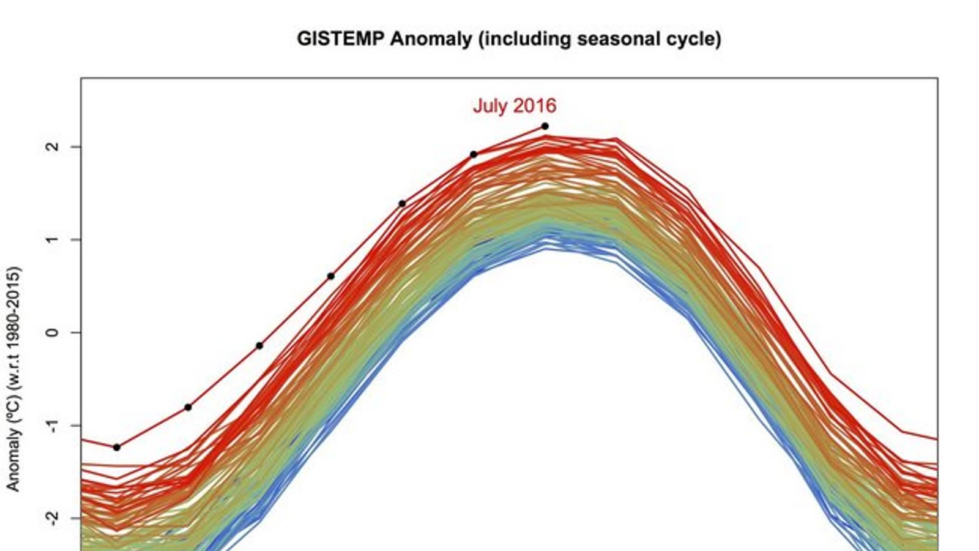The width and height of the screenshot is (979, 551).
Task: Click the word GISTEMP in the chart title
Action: pyautogui.click(x=341, y=39)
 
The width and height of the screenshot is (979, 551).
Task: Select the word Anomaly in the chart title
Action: pyautogui.click(x=431, y=39)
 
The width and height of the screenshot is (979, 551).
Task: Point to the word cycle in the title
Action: pyautogui.click(x=691, y=39)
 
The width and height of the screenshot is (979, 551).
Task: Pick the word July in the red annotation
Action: pyautogui.click(x=490, y=106)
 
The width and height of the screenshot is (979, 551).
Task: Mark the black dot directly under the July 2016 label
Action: pyautogui.click(x=545, y=126)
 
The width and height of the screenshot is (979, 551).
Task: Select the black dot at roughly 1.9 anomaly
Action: pyautogui.click(x=474, y=154)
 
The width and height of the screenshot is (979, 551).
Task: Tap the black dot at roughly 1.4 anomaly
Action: pyautogui.click(x=402, y=204)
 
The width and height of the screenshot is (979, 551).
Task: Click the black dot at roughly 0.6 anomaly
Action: pyautogui.click(x=331, y=276)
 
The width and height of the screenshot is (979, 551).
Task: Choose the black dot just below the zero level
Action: pyautogui.click(x=259, y=346)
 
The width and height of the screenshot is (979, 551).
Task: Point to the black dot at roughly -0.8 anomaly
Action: pyautogui.click(x=188, y=407)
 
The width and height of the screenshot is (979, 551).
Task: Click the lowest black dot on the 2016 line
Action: pyautogui.click(x=117, y=448)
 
